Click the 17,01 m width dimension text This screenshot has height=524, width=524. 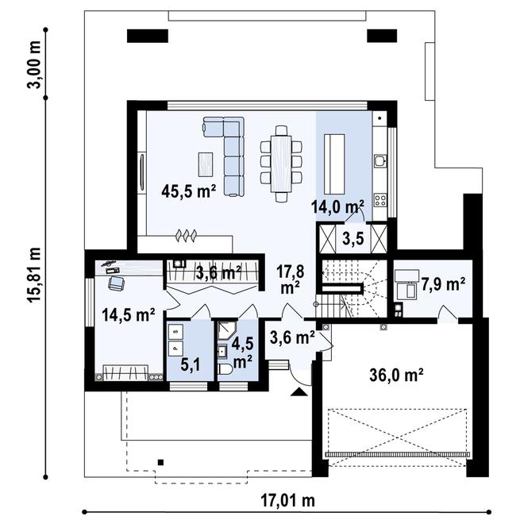[287, 500]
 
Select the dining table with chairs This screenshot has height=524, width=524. [281, 159]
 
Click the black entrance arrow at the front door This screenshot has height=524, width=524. [298, 391]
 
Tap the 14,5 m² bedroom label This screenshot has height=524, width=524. [128, 314]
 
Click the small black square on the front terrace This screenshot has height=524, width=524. [161, 462]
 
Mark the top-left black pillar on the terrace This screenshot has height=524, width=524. [146, 35]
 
